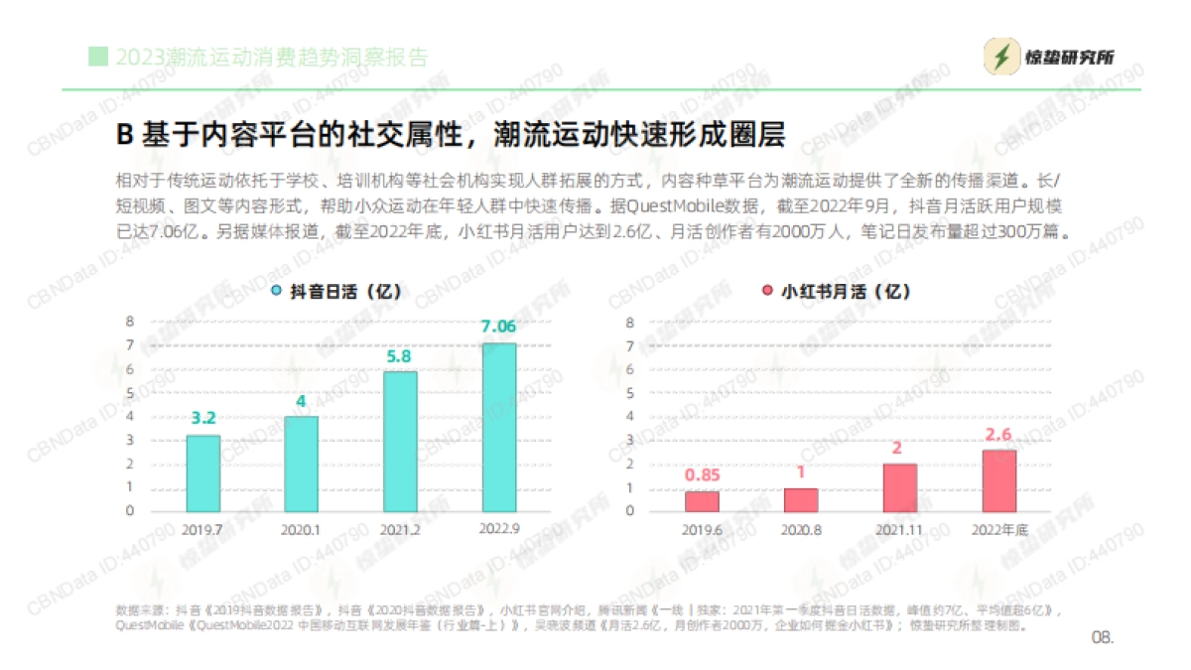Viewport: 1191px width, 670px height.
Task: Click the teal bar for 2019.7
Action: [203, 472]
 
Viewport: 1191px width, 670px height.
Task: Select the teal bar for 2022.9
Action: [499, 427]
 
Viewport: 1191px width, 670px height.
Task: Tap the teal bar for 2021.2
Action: [400, 441]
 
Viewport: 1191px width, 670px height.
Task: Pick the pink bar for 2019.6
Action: [702, 500]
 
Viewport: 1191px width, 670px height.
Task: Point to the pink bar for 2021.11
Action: [900, 486]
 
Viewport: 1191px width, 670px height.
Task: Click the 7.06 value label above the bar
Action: [498, 327]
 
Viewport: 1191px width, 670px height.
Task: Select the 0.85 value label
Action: [702, 474]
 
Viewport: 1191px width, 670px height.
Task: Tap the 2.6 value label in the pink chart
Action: [999, 434]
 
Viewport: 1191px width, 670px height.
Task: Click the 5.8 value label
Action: [400, 355]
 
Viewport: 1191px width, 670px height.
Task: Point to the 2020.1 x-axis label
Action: [301, 529]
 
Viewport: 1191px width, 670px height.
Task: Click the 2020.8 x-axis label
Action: [801, 529]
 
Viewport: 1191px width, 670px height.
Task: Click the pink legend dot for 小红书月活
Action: [767, 292]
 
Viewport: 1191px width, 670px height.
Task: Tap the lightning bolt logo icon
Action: [1001, 58]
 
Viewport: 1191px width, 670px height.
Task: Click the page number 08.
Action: [1103, 636]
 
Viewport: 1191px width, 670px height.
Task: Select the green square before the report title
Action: [97, 56]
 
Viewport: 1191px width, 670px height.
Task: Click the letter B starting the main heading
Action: [125, 134]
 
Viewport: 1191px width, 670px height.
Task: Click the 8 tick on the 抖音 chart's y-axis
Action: [129, 322]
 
